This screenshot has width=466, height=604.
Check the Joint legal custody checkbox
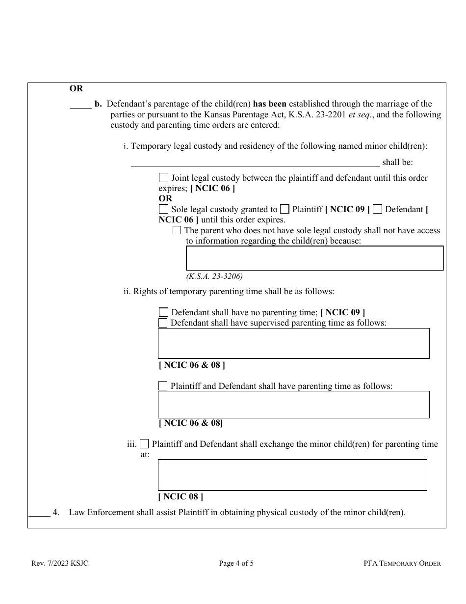pos(163,178)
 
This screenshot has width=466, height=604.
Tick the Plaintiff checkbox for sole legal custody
pos(285,209)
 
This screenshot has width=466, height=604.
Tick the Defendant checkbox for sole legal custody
pos(377,209)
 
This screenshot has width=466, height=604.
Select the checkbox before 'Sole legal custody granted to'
pos(163,209)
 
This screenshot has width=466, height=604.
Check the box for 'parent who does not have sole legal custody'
pos(177,230)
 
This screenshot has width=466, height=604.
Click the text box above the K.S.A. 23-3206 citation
pos(314,258)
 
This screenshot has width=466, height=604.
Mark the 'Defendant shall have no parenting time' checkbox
pos(163,312)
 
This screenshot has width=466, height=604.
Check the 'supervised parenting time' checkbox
pos(163,323)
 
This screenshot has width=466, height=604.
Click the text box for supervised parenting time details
pos(293,343)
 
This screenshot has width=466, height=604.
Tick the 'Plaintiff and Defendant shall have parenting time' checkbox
pos(163,386)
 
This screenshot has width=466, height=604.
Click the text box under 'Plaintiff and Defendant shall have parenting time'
pos(293,405)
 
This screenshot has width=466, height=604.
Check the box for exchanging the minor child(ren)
pos(144,444)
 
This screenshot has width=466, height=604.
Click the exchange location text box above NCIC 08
pos(292,475)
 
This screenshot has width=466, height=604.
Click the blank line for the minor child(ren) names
pos(255,162)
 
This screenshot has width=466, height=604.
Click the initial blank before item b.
pos(80,104)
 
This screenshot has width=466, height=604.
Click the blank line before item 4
pos(39,513)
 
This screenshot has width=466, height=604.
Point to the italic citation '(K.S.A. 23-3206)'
pos(214,276)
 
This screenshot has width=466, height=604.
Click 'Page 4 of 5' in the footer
pos(236,563)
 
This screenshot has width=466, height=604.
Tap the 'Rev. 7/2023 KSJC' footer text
pos(60,563)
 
